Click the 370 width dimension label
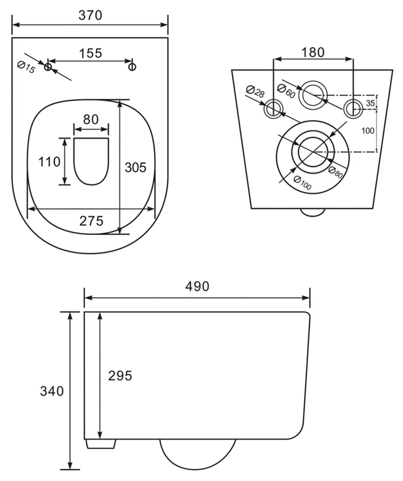click(x=90, y=15)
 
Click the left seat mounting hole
click(x=48, y=67)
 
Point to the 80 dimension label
click(x=91, y=119)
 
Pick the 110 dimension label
click(x=50, y=162)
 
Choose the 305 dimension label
click(x=135, y=167)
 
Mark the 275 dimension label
click(x=91, y=221)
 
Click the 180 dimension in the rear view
click(x=313, y=52)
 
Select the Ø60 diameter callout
click(x=286, y=91)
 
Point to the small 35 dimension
click(x=370, y=103)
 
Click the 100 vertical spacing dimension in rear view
click(x=368, y=130)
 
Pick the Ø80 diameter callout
click(x=336, y=172)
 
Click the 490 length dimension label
click(x=197, y=286)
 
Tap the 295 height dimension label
click(x=120, y=376)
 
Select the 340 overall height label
click(x=52, y=391)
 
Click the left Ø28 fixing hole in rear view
click(x=274, y=108)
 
